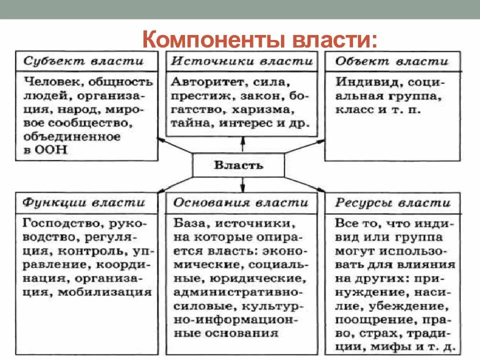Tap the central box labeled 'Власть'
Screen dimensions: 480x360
238,165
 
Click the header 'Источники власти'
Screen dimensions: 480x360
242,61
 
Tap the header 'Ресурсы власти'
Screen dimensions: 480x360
392,203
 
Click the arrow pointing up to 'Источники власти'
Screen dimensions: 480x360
242,144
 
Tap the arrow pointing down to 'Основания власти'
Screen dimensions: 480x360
242,185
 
